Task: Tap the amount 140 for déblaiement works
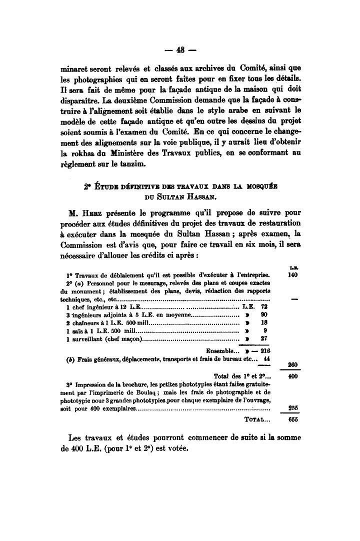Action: pyautogui.click(x=294, y=274)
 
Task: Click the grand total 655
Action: pyautogui.click(x=294, y=420)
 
